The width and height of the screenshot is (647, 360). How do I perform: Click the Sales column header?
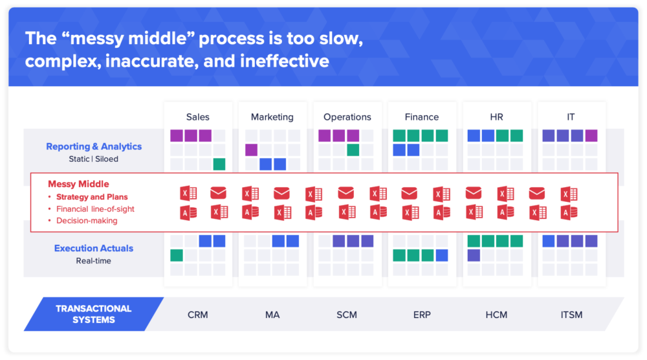[197, 117]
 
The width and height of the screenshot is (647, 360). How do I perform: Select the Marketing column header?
[272, 117]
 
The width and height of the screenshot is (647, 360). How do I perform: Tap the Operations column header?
[347, 117]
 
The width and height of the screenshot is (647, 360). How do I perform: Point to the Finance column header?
[422, 117]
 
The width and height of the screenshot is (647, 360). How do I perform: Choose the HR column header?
[497, 117]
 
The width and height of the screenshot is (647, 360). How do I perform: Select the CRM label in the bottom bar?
[197, 315]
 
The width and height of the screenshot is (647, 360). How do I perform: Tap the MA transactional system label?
[272, 315]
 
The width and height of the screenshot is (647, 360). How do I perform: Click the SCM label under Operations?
[347, 315]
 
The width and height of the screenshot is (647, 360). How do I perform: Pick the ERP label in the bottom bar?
[422, 315]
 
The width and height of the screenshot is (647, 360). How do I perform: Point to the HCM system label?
[497, 315]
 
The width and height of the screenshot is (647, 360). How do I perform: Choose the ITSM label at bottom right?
[572, 315]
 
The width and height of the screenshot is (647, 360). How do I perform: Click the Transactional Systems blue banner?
[93, 314]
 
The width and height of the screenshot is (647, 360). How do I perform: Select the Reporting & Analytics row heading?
[94, 146]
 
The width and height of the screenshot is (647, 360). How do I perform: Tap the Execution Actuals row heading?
[94, 248]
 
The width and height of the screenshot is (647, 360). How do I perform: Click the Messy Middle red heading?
[78, 184]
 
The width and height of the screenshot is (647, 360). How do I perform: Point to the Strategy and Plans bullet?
[92, 197]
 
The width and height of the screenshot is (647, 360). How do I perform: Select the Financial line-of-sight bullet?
[95, 209]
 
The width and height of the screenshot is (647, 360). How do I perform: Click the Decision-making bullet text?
[87, 221]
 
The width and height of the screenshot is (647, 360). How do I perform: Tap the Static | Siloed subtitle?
[94, 159]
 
